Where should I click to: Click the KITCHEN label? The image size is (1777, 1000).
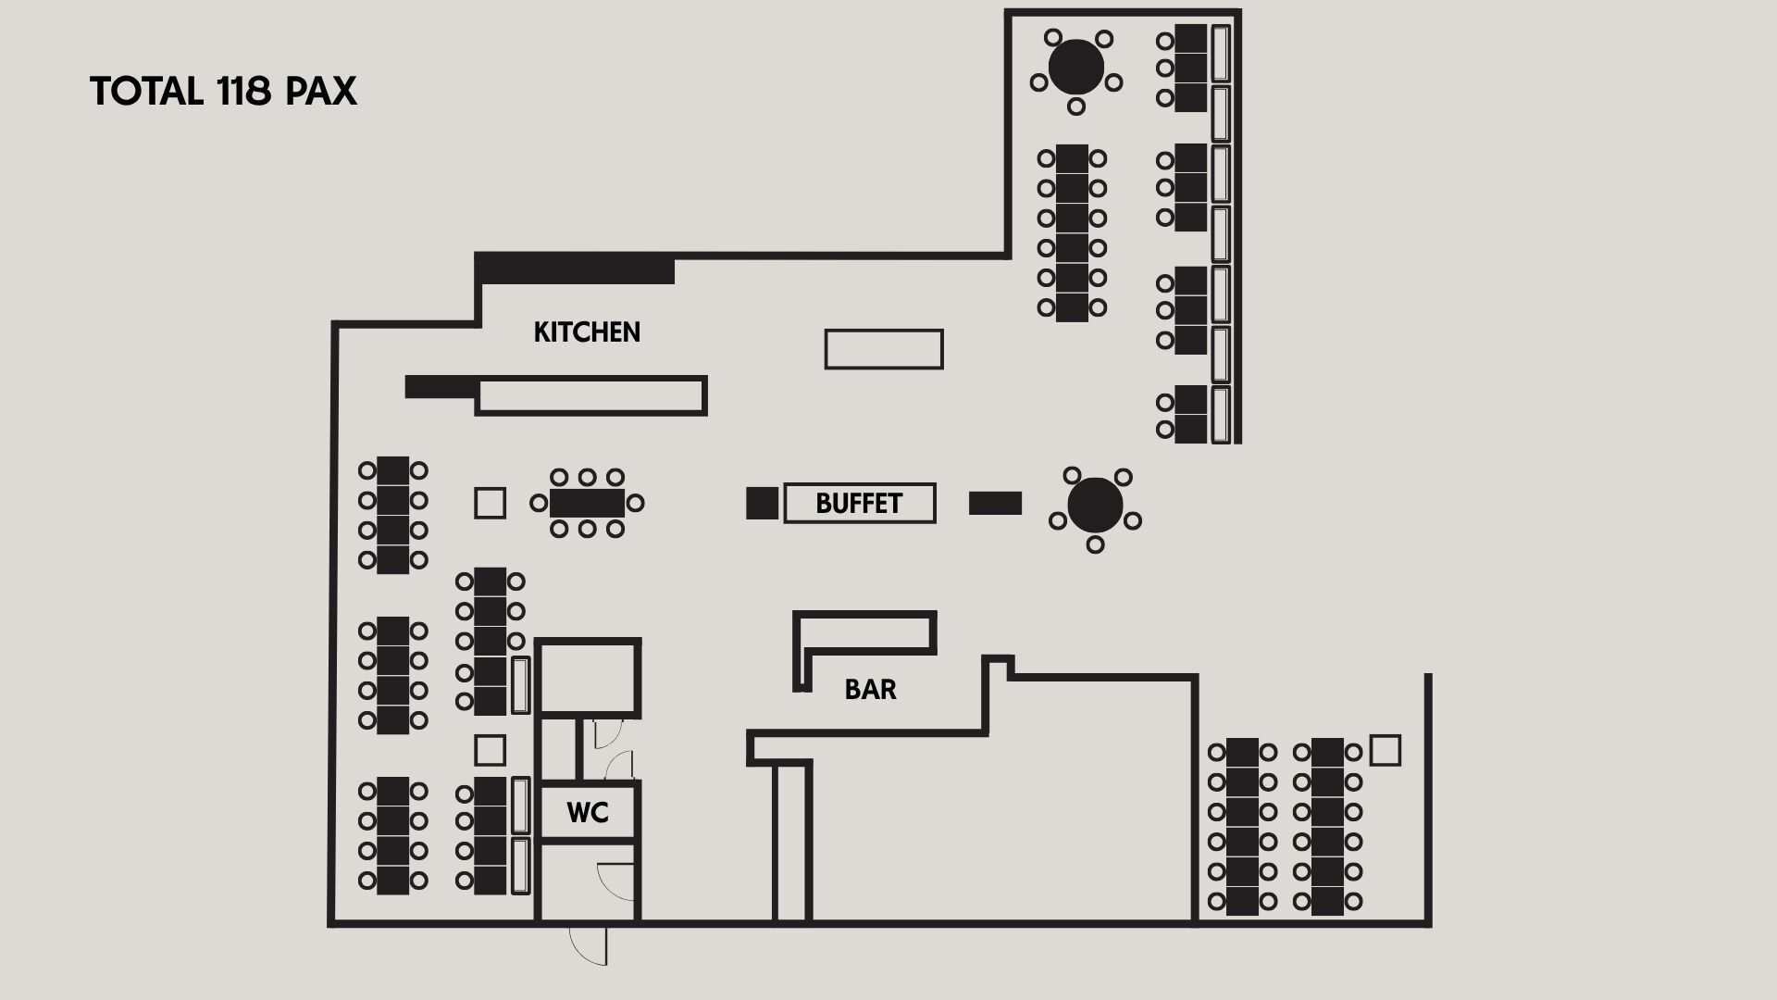pos(587,332)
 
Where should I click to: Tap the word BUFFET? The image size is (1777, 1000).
pos(859,504)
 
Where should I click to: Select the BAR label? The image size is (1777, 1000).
pos(870,690)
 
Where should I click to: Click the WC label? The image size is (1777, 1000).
pos(588,813)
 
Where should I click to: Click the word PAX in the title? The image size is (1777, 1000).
pos(321,92)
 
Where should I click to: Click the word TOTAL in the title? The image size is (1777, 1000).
pos(146,92)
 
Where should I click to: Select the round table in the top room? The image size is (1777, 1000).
pos(1076,67)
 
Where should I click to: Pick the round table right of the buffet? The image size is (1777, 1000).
pos(1095,505)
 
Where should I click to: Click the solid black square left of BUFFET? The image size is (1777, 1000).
pos(763,503)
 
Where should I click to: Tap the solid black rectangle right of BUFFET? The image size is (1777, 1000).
pos(995,503)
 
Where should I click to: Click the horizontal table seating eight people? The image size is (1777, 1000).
pos(587,504)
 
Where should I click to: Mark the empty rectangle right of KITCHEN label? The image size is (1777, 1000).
pos(884,349)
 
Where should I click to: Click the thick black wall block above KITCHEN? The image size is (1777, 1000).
pos(575,268)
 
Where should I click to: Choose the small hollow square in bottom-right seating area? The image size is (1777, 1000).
pos(1385,750)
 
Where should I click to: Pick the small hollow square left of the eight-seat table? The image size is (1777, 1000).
pos(490,503)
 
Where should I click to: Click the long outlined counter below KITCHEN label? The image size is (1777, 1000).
pos(591,395)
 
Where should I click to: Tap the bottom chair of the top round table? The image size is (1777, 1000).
pos(1075,106)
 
